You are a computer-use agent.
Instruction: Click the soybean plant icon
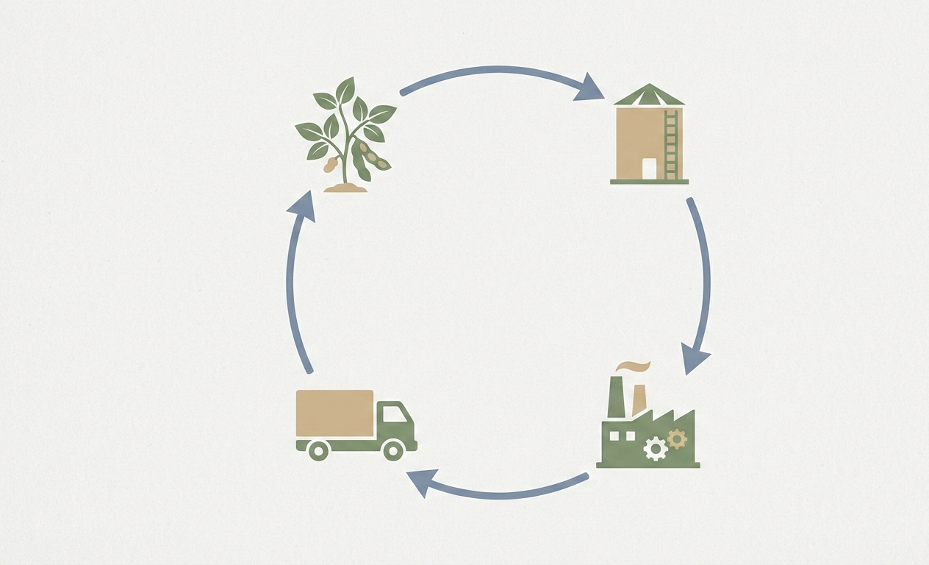click(x=345, y=136)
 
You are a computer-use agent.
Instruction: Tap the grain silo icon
click(x=648, y=136)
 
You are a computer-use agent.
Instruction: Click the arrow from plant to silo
click(x=500, y=71)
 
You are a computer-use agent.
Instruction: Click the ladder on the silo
click(x=670, y=144)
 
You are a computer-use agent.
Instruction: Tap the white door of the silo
click(x=649, y=168)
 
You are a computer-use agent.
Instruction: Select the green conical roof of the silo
click(x=649, y=95)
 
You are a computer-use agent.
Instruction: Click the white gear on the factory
click(x=654, y=448)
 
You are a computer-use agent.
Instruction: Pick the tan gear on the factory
click(x=676, y=439)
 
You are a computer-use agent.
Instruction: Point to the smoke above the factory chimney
click(x=634, y=367)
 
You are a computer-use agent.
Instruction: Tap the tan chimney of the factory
click(x=639, y=399)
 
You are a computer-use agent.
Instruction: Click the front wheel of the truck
click(x=394, y=449)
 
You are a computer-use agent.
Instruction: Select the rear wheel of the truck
click(x=318, y=449)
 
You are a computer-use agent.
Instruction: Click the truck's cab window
click(x=393, y=413)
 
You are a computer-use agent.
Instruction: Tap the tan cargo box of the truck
click(x=334, y=413)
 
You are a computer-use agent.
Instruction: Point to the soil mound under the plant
click(x=345, y=188)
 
